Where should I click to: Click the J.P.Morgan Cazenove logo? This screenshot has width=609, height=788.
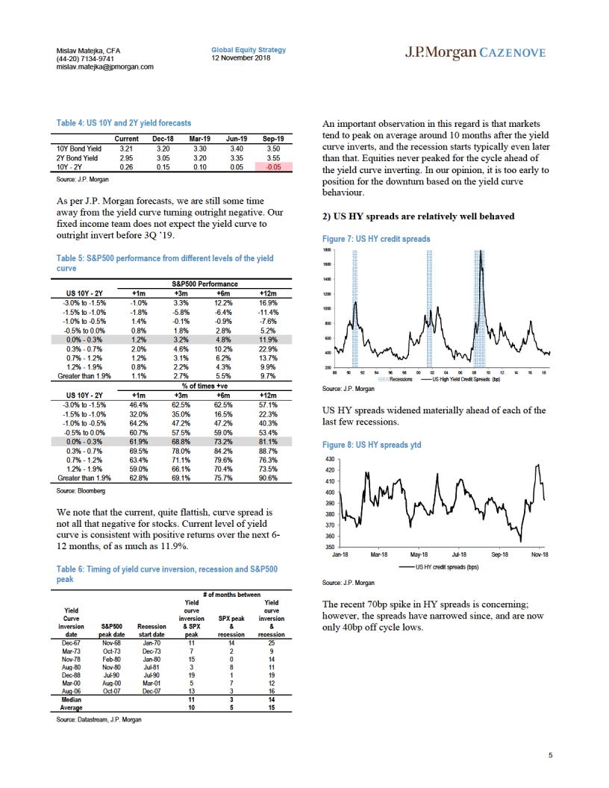coord(475,53)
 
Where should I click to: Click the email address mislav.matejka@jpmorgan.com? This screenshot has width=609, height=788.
coord(105,67)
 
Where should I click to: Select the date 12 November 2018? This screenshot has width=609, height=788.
coord(240,57)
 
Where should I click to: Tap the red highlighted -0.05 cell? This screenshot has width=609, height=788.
coord(273,167)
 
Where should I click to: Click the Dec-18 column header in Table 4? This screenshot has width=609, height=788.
coord(163,139)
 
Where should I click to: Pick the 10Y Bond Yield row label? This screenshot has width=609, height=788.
coord(79,148)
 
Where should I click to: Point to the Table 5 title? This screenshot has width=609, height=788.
coord(165,263)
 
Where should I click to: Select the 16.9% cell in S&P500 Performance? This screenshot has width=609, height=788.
coord(268,303)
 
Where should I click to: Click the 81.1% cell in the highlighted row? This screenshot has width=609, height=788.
coord(268,442)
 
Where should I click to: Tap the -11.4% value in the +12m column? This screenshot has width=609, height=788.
coord(268,312)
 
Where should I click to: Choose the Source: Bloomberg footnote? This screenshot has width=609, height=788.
coord(81,490)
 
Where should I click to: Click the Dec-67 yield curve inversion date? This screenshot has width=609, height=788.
coord(71,642)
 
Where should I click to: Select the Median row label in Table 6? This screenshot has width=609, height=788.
coord(71,699)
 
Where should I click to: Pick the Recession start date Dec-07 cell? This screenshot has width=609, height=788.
coord(152,691)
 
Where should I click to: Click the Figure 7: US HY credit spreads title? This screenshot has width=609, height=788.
coord(376,239)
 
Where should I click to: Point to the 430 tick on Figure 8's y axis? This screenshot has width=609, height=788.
coord(330,460)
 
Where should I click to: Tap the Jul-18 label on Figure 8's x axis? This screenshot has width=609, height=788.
coord(459,554)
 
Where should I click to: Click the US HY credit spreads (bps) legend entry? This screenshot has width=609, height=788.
coord(439,567)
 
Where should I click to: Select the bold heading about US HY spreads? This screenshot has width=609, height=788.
coord(418,216)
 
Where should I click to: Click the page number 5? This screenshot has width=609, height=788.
coord(550,755)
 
